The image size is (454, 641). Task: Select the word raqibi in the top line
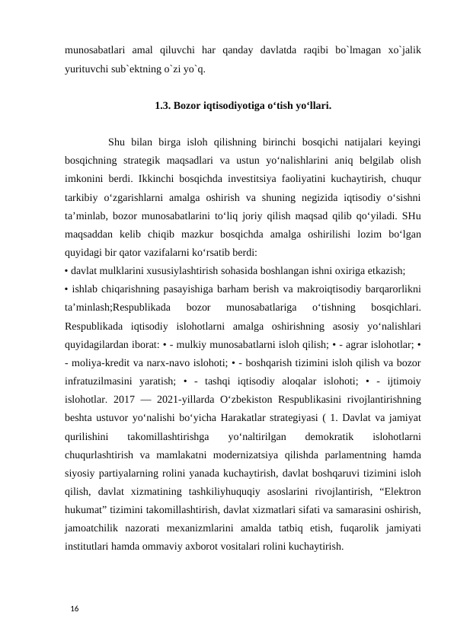point(297,49)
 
